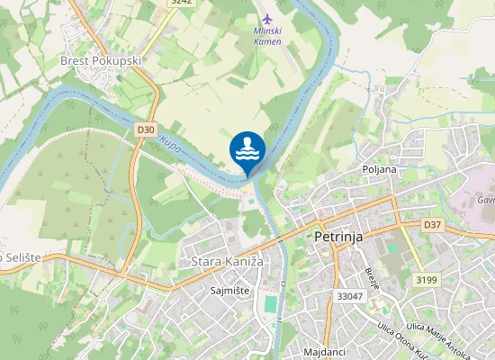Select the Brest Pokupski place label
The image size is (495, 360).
click(100, 60)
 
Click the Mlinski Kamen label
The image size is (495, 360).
click(267, 37)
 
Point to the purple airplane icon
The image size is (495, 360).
click(265, 19)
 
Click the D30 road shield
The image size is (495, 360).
click(147, 130)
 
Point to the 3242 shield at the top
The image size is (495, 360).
click(181, 3)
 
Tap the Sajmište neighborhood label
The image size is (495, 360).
click(229, 292)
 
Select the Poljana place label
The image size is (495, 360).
click(379, 168)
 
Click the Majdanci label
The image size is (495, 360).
click(325, 351)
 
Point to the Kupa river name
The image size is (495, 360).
click(171, 144)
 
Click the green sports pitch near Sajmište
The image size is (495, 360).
click(270, 306)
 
